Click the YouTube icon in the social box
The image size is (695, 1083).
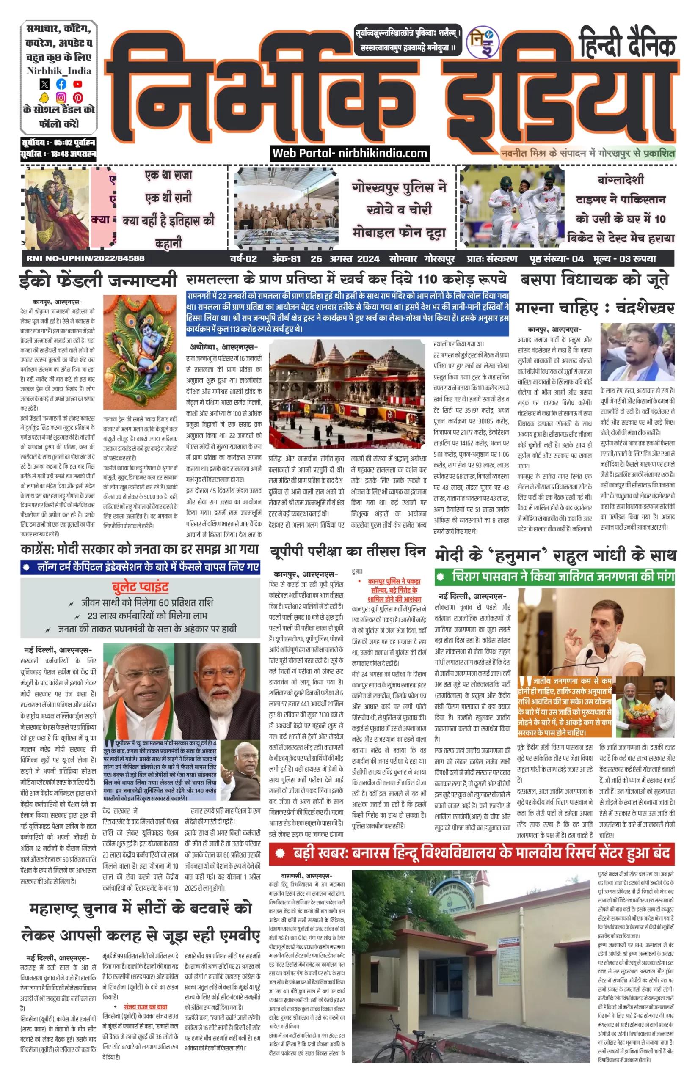(x=77, y=84)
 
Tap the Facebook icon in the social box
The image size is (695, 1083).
(x=61, y=84)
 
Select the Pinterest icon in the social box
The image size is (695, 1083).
(x=77, y=97)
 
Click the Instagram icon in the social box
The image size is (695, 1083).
(x=61, y=97)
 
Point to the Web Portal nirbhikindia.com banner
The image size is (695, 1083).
(x=350, y=154)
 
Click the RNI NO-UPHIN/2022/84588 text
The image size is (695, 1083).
(x=85, y=258)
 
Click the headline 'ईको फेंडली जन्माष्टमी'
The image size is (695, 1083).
(x=98, y=280)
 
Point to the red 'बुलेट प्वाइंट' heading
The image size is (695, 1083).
(x=140, y=587)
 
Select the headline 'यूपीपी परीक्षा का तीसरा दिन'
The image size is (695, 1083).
(x=348, y=552)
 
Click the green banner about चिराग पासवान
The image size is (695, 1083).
(x=554, y=577)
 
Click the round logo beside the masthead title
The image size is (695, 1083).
(x=482, y=42)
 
